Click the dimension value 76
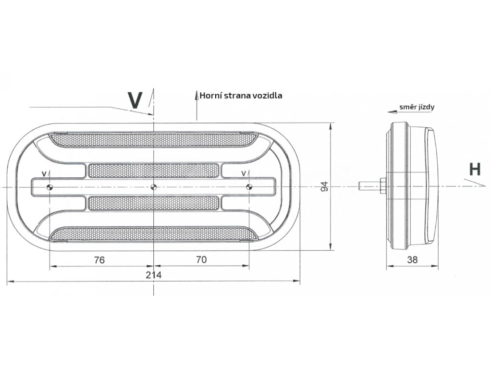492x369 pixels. coord(99,260)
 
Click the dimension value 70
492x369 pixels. coord(201,260)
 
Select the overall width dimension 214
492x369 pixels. coord(154,275)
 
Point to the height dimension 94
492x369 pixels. coord(324,187)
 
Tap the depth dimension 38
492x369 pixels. coord(412,260)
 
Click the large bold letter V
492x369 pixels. coord(135,100)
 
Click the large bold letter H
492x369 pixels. coord(475,169)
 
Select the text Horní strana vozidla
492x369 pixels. coord(241,96)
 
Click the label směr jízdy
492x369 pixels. coord(417,107)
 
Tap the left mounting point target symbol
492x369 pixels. coord(49,187)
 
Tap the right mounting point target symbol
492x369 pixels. coord(248,187)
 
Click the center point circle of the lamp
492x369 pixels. coord(153,187)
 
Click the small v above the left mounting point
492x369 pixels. coord(44,173)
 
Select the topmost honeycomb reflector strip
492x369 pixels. coord(153,140)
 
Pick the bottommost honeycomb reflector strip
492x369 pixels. coord(153,234)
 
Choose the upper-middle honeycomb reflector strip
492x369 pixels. coord(153,170)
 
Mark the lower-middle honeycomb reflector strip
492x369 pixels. coord(153,203)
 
